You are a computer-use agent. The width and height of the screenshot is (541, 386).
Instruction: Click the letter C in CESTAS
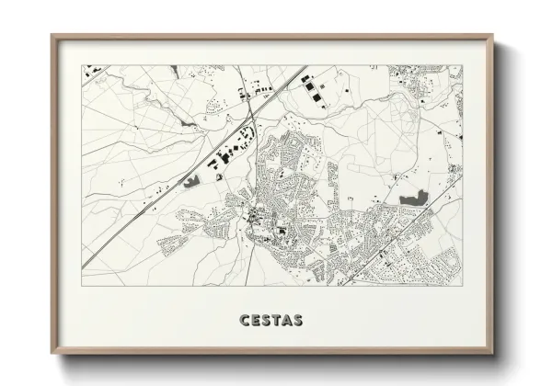244,322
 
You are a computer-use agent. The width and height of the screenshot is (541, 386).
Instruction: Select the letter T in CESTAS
275,322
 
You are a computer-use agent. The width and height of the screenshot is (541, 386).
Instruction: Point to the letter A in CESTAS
286,322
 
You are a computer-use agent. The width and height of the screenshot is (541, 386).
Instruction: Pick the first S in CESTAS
265,322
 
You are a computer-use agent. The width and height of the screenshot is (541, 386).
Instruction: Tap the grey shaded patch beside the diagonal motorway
192,181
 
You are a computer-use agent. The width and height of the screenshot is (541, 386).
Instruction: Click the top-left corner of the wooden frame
53,37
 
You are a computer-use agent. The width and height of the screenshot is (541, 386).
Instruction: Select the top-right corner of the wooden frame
493,37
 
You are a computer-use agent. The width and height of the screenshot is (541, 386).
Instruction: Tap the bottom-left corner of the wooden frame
53,354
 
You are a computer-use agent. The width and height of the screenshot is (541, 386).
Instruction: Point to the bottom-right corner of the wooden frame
493,354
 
